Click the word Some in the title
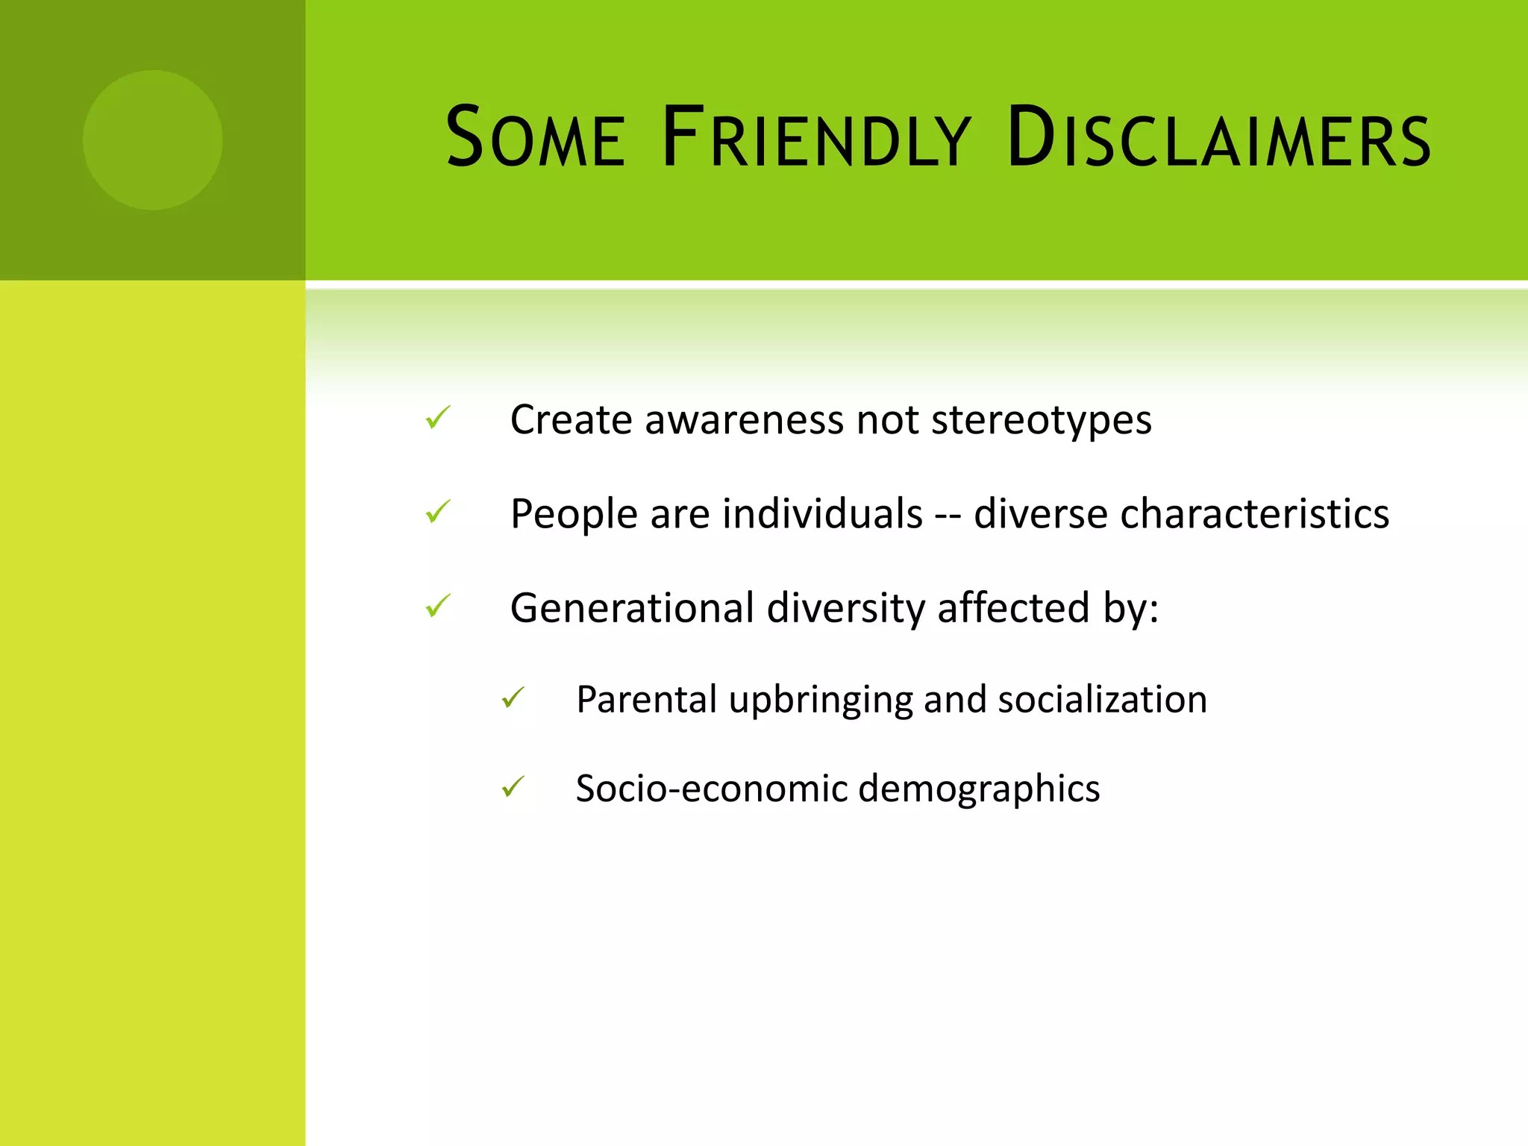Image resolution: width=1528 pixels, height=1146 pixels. click(535, 138)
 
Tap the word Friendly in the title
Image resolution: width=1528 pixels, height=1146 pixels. click(816, 138)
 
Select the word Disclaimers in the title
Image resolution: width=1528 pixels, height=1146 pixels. click(1218, 138)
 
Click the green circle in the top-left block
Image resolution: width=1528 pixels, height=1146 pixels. click(152, 140)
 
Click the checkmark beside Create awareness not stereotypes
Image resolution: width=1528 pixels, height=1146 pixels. click(438, 418)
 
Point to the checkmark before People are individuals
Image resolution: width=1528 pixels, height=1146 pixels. click(438, 512)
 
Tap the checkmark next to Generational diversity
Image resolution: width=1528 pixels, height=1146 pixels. click(438, 606)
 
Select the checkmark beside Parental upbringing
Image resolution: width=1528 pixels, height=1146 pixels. click(513, 698)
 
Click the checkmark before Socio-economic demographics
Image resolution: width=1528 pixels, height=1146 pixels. click(513, 787)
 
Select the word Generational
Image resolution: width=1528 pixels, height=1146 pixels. click(632, 608)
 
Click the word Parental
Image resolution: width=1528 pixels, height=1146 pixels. click(646, 701)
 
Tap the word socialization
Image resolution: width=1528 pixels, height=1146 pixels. click(1102, 701)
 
